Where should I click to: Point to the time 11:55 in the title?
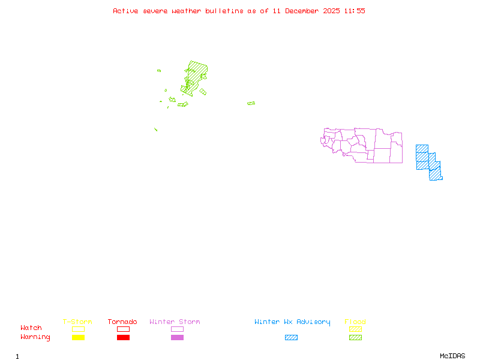click(355, 11)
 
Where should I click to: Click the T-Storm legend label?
click(77, 322)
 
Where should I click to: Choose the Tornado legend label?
click(122, 322)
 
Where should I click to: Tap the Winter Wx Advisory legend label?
click(292, 322)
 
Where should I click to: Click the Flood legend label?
click(355, 322)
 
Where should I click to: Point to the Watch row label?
click(31, 328)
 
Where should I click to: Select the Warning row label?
click(35, 337)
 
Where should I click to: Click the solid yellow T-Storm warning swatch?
click(78, 338)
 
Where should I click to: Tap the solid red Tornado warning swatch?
click(123, 338)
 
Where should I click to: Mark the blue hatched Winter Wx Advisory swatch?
click(291, 338)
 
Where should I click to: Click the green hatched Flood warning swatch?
click(355, 338)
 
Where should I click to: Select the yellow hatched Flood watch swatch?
click(355, 329)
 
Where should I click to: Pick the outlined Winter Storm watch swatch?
click(177, 329)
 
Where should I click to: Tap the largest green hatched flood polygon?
click(195, 75)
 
